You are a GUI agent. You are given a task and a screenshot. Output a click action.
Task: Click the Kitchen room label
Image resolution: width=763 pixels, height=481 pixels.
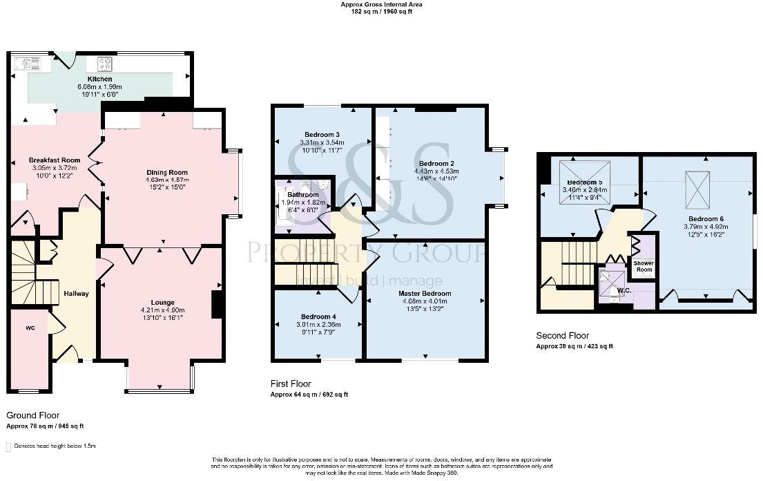point(99,79)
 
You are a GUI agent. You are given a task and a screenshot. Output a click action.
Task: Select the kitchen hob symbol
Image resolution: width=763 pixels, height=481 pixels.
point(105,64)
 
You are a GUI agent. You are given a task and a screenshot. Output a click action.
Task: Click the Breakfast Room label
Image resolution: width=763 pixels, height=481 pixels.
point(50,160)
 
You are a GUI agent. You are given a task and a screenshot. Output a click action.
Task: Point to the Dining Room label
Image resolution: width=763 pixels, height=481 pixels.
point(166,173)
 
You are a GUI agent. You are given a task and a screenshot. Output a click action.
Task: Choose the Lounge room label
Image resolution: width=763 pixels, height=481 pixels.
point(163,302)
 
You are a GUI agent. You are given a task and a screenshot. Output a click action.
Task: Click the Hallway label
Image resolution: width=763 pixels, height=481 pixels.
point(76,294)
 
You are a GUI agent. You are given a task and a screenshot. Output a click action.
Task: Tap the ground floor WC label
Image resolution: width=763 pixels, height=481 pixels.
point(30,327)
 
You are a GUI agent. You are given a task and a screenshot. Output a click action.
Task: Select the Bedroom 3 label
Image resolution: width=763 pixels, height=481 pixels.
point(322,134)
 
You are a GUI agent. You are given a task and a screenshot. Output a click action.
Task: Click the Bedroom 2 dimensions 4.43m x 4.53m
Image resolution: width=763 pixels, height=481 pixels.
point(438,170)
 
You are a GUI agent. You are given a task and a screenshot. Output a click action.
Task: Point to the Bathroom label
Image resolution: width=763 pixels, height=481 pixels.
point(302,195)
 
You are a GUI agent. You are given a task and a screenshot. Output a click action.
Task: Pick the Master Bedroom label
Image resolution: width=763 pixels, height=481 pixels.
point(425,293)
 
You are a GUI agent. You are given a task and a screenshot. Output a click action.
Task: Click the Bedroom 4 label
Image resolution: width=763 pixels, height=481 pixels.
point(318,316)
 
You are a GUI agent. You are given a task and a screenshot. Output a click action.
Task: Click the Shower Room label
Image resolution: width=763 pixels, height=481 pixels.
point(644,267)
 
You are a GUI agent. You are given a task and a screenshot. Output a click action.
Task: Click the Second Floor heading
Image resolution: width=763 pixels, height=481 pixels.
point(563,336)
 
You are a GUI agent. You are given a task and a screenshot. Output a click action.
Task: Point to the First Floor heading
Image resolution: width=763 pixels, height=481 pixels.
point(291,384)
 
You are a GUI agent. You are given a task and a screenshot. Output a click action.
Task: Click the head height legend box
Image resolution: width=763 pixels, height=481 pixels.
point(8,447)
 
